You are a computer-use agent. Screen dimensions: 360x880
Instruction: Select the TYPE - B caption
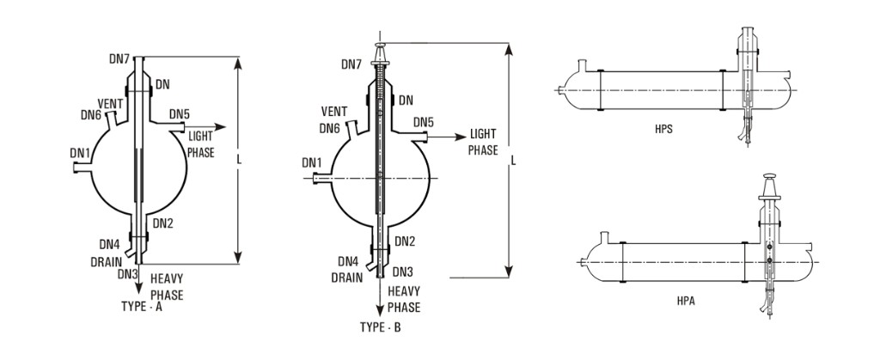(x=379, y=327)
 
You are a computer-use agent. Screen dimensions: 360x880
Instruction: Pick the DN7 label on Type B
(x=351, y=64)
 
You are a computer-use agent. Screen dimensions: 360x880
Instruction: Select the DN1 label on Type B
(x=313, y=162)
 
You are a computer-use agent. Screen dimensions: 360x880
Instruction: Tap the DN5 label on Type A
(x=180, y=113)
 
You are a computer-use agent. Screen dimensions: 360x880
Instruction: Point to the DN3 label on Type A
(x=128, y=274)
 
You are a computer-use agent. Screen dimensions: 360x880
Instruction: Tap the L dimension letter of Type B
(x=513, y=161)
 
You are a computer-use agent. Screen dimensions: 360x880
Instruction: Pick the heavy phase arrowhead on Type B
(x=378, y=314)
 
